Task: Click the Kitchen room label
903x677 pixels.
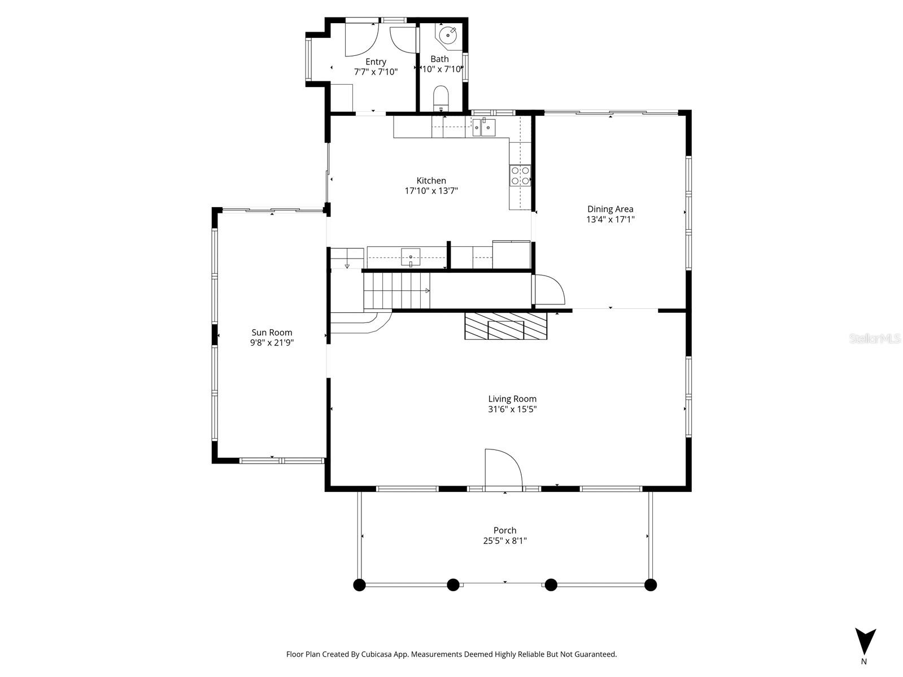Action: (431, 181)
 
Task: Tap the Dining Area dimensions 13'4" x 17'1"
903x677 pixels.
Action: (610, 220)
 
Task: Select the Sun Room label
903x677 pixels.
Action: (272, 333)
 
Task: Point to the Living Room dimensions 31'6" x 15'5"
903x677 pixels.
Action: (512, 409)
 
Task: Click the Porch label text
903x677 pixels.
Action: (504, 530)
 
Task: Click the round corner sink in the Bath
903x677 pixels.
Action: (449, 34)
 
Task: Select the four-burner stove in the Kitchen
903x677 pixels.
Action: (520, 175)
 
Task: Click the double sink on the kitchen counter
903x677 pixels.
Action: (484, 128)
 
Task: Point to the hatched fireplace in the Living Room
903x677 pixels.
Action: (505, 326)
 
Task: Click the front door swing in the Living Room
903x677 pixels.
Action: (502, 467)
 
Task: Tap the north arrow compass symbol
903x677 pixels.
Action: (865, 641)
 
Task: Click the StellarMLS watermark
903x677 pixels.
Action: (875, 338)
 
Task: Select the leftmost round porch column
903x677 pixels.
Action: (359, 584)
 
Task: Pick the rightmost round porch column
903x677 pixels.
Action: (651, 584)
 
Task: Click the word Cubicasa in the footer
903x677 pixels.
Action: (390, 654)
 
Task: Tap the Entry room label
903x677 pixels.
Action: (376, 62)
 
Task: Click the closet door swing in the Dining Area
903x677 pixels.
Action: (549, 289)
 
